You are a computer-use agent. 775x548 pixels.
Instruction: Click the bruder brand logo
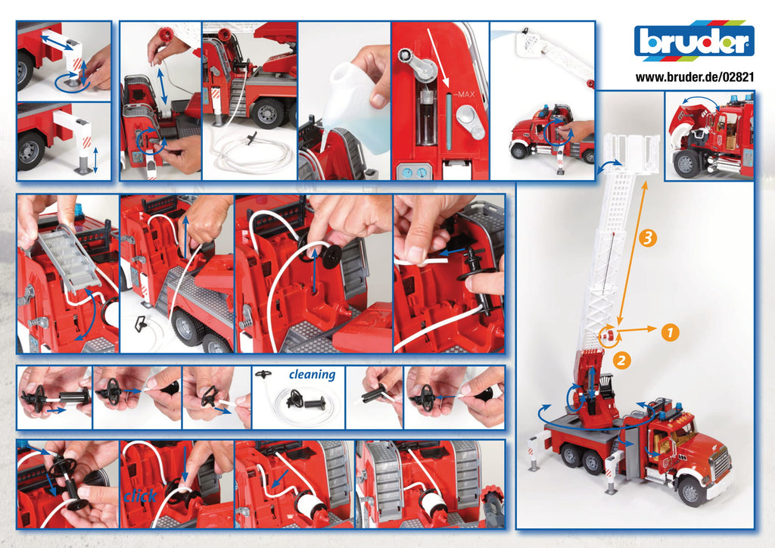(694, 42)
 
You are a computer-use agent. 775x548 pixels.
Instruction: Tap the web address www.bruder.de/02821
(694, 76)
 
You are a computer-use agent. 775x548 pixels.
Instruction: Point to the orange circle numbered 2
(621, 360)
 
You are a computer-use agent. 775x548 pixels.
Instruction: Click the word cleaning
(312, 375)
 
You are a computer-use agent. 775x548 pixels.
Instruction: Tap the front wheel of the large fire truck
(691, 490)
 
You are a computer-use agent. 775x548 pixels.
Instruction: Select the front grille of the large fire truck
(720, 462)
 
